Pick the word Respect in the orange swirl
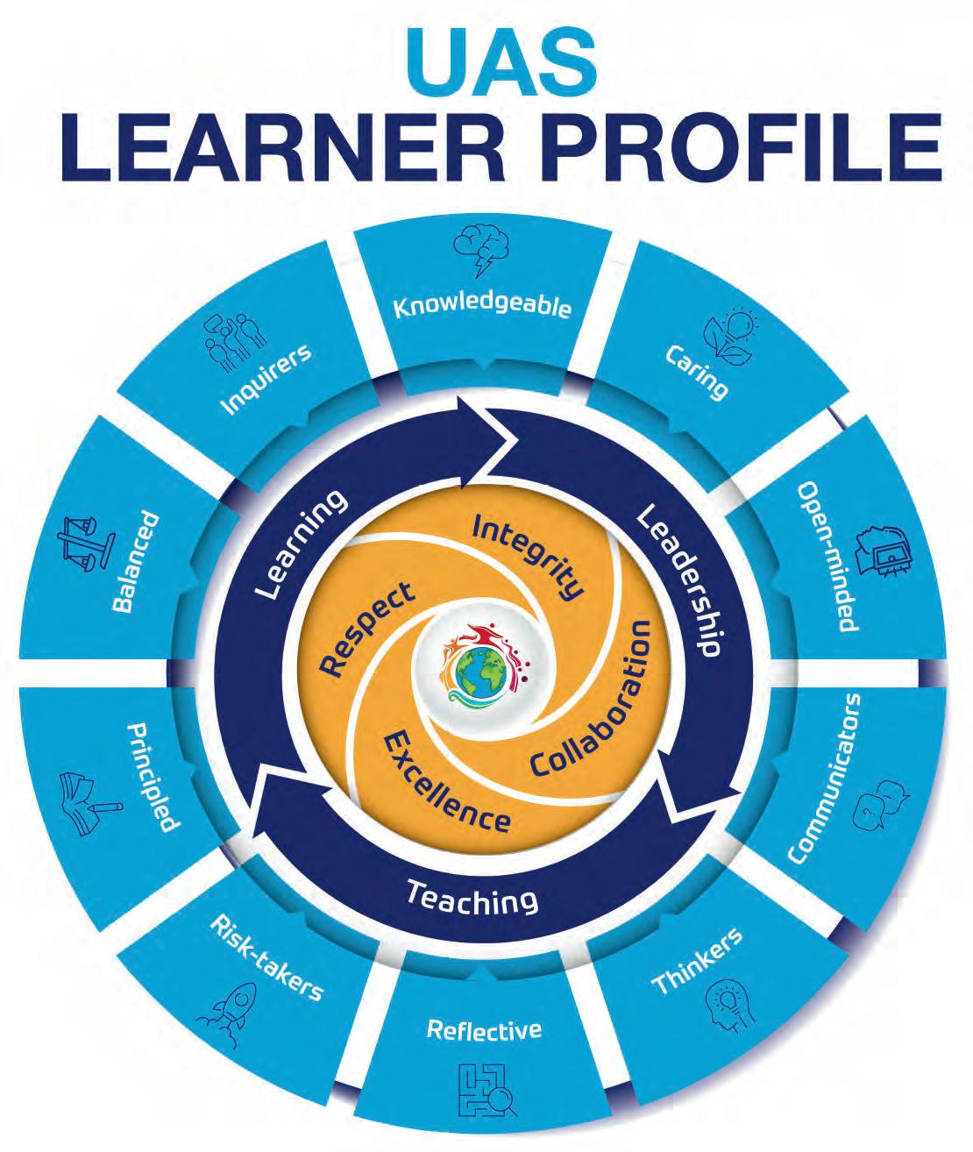[x=366, y=629]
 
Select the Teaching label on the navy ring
[x=472, y=898]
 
